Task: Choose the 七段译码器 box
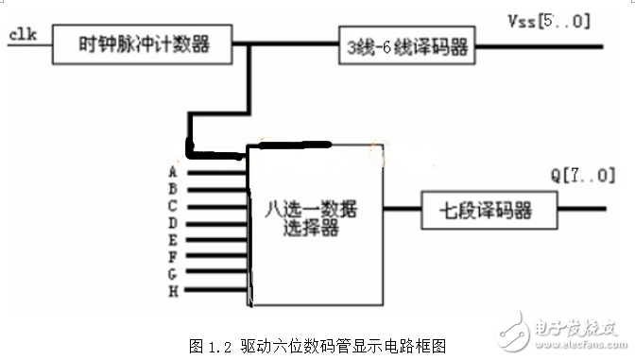tap(477, 208)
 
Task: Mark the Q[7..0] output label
tap(581, 175)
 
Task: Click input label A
tap(173, 173)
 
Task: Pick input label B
tap(173, 188)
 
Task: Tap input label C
tap(173, 204)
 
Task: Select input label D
tap(173, 221)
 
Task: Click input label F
tap(173, 254)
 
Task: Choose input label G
tap(173, 271)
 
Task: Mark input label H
tap(173, 288)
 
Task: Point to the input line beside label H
tap(217, 289)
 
